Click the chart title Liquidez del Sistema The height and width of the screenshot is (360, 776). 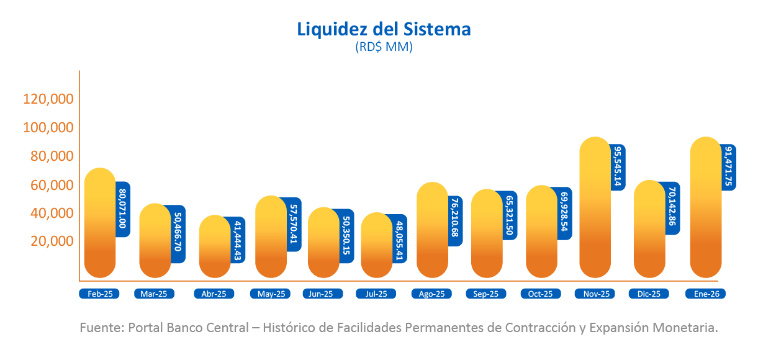(x=384, y=29)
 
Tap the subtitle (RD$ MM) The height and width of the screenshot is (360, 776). (x=384, y=47)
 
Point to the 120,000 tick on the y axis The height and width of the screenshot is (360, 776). (x=48, y=99)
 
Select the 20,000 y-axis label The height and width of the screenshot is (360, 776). (x=52, y=241)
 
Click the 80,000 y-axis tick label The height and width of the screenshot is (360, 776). (x=52, y=156)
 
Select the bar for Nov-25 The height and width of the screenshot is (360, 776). (x=595, y=208)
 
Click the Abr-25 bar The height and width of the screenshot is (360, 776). (x=215, y=246)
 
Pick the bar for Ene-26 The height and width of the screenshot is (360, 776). (x=705, y=208)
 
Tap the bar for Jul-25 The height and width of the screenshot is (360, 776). (x=377, y=245)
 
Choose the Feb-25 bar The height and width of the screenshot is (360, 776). (x=100, y=223)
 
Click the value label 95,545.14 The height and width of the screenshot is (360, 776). (x=618, y=167)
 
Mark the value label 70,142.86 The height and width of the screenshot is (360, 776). (x=672, y=209)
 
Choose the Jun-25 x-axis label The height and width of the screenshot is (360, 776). (x=322, y=294)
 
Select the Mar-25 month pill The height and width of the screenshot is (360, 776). (x=154, y=294)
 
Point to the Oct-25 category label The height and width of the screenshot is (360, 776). (x=540, y=294)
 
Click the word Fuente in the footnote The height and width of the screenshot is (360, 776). (x=101, y=328)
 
